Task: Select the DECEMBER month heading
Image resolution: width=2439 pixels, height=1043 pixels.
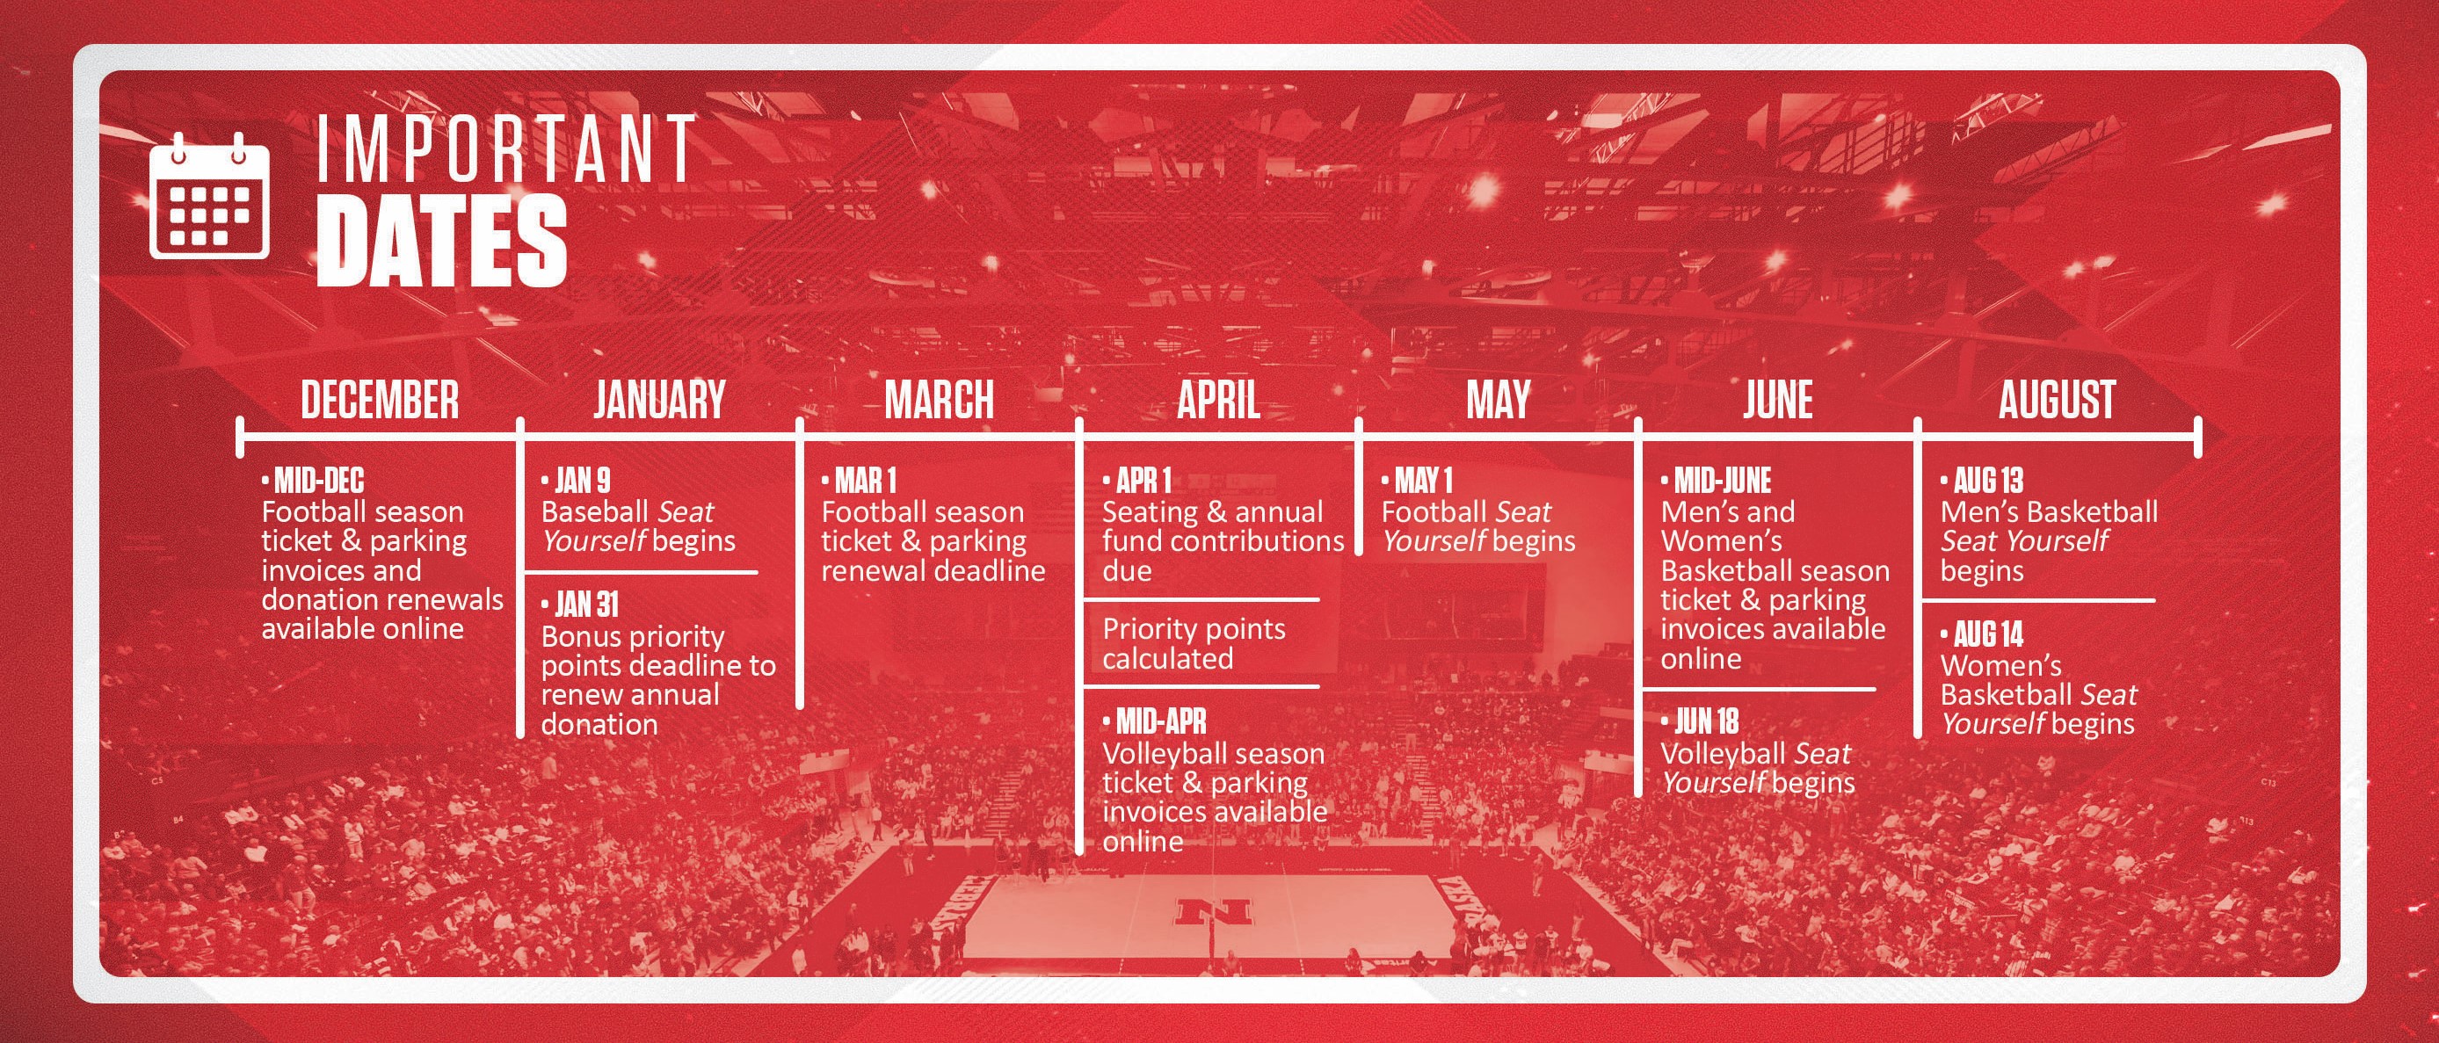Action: point(380,400)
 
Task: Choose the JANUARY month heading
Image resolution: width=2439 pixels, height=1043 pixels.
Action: point(660,400)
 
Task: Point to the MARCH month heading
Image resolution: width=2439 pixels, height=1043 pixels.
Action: point(940,400)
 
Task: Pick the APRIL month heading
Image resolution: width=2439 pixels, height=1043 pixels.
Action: point(1218,400)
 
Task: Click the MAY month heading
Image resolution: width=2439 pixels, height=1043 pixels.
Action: point(1498,400)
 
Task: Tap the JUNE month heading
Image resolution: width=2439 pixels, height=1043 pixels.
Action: point(1778,400)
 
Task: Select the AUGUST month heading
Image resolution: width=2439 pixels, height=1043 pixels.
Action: point(2058,400)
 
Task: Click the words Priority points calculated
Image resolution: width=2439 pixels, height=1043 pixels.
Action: point(1194,643)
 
